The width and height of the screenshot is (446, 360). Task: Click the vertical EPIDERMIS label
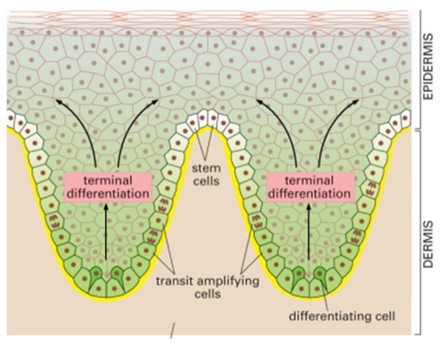428,67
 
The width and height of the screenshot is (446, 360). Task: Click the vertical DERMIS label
428,244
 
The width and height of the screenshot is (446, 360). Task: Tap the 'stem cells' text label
206,175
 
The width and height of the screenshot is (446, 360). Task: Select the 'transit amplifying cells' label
208,287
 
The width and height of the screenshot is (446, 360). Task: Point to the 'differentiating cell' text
342,316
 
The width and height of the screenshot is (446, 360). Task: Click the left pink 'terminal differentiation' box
108,187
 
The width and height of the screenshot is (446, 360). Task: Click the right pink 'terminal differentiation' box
309,187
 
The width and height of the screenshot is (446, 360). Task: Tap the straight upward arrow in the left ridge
106,231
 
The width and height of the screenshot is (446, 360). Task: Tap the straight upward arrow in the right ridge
308,231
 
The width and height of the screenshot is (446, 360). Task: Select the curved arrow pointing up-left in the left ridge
85,125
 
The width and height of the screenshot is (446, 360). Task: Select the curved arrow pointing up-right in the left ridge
126,125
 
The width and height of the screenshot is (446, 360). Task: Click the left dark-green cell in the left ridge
95,276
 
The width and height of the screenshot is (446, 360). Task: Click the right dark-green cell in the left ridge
117,276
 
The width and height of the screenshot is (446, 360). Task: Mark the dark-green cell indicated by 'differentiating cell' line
320,276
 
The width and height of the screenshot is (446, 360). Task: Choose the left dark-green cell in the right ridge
298,276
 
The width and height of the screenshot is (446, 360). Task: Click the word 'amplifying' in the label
228,282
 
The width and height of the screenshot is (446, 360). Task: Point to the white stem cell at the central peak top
209,117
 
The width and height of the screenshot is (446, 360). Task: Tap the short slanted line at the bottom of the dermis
173,330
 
